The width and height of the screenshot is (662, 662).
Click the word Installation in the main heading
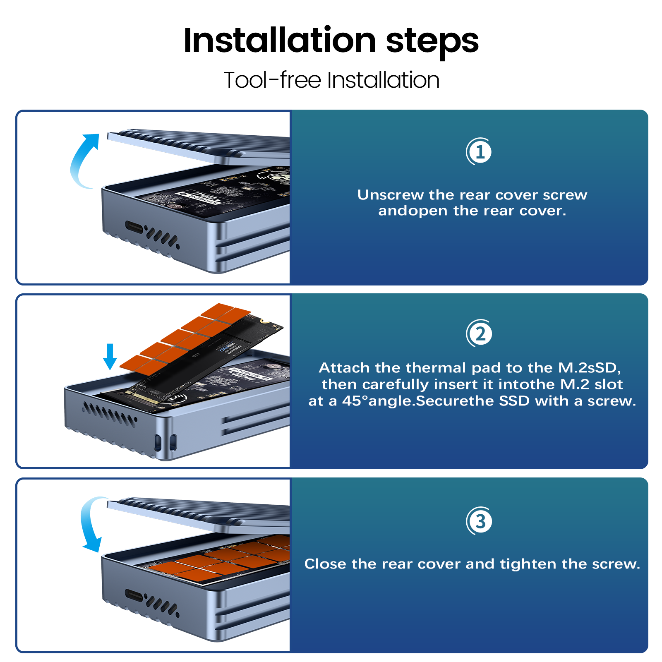[280, 41]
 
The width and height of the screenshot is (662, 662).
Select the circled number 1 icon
[479, 152]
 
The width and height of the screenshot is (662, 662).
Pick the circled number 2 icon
[479, 333]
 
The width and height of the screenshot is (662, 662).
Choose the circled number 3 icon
[479, 521]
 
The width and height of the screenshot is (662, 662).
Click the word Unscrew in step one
[391, 195]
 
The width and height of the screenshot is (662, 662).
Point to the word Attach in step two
[344, 368]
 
